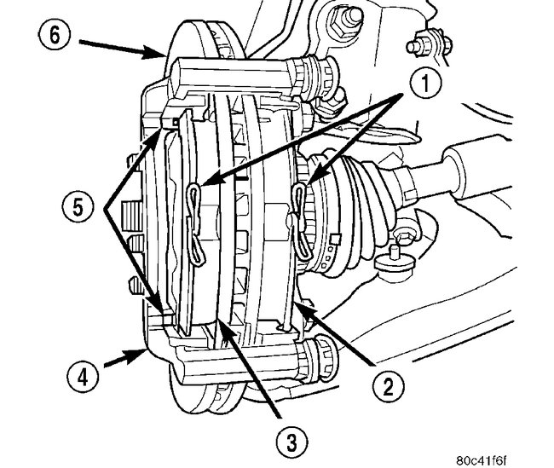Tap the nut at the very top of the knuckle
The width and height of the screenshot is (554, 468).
[x=350, y=14]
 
